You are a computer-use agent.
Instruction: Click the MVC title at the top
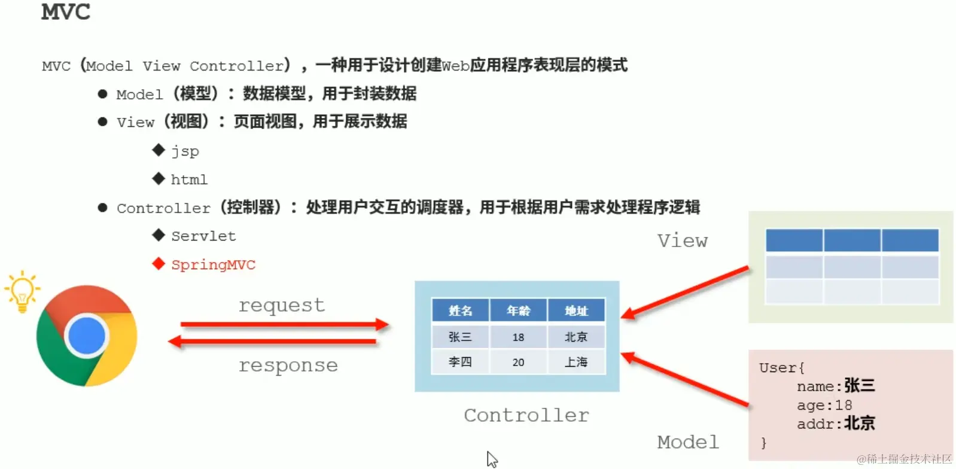[65, 12]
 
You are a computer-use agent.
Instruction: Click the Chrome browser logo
[87, 336]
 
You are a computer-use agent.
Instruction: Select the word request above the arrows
[281, 305]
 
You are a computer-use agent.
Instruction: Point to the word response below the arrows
[288, 365]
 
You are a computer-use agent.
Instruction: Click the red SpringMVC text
[213, 264]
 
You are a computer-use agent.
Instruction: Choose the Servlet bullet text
[203, 236]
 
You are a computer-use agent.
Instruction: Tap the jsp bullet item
[185, 151]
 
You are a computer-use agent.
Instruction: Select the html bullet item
[189, 179]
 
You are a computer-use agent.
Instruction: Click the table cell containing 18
[518, 337]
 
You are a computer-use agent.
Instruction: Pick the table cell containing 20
[518, 363]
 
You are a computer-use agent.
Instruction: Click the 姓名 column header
[460, 311]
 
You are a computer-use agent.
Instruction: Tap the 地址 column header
[576, 311]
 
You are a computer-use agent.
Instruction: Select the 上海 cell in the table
[576, 363]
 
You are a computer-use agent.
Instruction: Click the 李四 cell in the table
[460, 363]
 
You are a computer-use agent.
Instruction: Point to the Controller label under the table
[526, 415]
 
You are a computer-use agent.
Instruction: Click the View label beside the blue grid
[683, 240]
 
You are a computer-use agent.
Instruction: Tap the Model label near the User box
[687, 442]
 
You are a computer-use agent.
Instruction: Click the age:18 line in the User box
[824, 405]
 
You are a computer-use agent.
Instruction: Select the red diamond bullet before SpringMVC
[159, 264]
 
